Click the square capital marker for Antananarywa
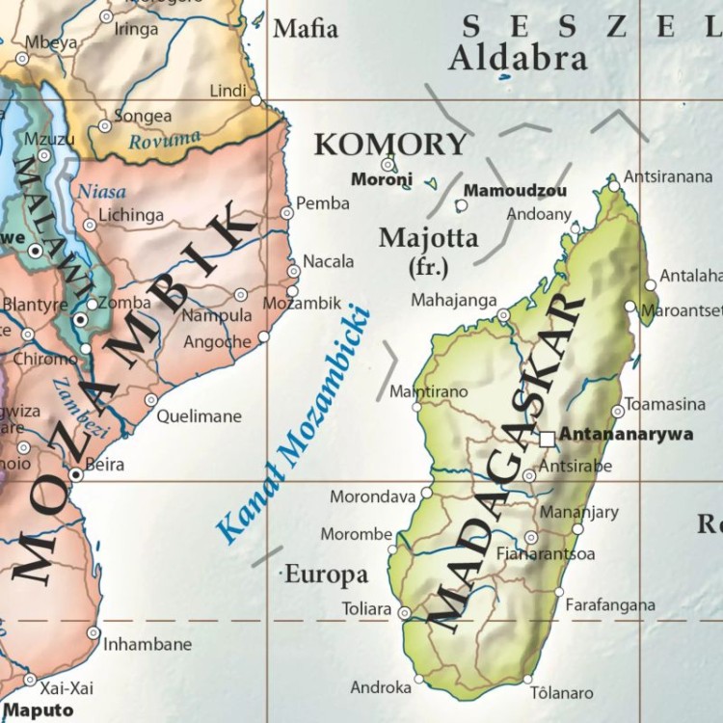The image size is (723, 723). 547,439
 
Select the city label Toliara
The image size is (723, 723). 366,609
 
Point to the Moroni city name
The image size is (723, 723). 382,179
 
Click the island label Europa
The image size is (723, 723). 326,576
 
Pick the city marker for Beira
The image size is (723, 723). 76,474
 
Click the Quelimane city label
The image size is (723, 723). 199,416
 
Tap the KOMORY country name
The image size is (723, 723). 390,145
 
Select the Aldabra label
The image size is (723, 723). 518,59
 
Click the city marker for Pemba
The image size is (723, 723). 286,213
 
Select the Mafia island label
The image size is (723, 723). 306,29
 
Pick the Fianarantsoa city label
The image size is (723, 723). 545,554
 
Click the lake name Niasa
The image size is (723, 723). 102,191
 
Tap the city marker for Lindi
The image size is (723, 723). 255,99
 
